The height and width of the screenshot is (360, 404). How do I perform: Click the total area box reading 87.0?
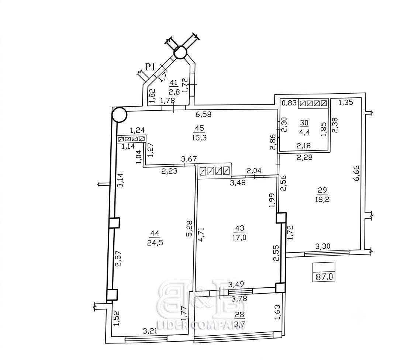(x=324, y=272)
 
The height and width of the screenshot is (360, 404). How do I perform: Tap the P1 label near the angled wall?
(x=150, y=67)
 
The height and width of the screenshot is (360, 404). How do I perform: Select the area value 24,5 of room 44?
(x=155, y=243)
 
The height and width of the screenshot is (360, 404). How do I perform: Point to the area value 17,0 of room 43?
(x=239, y=237)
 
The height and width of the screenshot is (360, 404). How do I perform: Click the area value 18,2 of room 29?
(x=322, y=199)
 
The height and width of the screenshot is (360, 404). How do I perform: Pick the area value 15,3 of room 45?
(x=199, y=138)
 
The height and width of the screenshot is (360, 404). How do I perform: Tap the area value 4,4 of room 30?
(x=304, y=132)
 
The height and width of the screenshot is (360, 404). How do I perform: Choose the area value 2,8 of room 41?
(x=174, y=92)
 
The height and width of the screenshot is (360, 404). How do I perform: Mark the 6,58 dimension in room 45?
(x=203, y=114)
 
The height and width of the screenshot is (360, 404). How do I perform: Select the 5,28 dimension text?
(x=189, y=228)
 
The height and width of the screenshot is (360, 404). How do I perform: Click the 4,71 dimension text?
(x=201, y=234)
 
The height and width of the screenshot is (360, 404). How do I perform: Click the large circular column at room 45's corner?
(x=119, y=115)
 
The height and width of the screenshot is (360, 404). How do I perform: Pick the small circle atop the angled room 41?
(x=180, y=52)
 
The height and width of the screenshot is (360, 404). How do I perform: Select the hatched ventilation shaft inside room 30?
(x=313, y=103)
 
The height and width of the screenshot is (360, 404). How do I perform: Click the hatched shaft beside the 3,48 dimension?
(x=215, y=170)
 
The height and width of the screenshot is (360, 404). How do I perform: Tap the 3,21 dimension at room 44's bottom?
(x=150, y=331)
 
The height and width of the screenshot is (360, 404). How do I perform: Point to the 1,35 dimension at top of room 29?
(x=345, y=103)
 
